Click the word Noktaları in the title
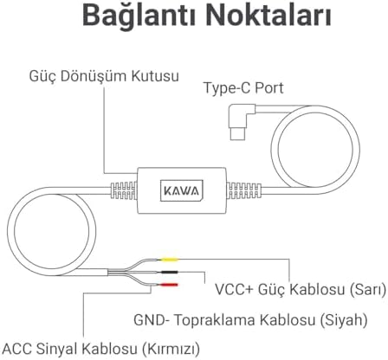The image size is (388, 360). (268, 15)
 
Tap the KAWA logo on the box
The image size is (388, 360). (182, 190)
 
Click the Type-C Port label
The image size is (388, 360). (243, 87)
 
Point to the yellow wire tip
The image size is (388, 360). (170, 260)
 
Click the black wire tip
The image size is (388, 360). (169, 272)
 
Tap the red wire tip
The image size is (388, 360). (169, 285)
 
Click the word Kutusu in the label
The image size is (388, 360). (155, 76)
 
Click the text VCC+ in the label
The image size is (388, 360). (234, 289)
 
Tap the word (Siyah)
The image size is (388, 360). (344, 320)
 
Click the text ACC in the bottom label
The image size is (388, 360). (17, 349)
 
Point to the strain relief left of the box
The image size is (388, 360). (124, 190)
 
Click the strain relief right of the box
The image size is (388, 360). (244, 190)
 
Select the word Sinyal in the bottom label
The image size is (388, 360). (57, 349)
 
